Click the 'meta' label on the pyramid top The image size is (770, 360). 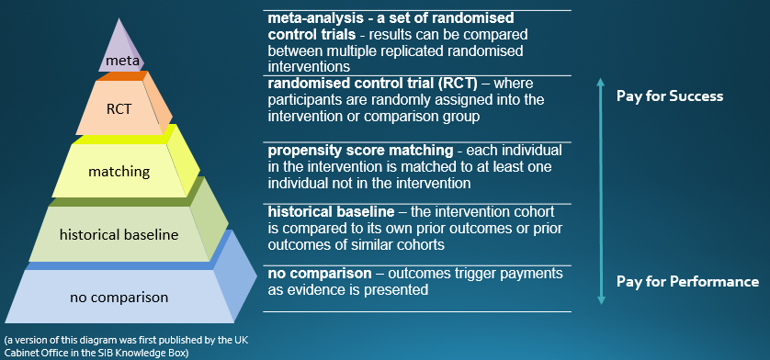tap(119, 62)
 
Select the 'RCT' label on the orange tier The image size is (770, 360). tap(119, 108)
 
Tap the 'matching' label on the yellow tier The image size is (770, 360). tap(119, 172)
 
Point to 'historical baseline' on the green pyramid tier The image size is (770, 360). tap(119, 235)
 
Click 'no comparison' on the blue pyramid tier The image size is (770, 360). tap(119, 298)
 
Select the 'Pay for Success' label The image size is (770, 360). tap(670, 96)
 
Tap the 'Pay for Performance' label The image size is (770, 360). tap(687, 282)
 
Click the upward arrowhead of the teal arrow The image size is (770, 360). tap(601, 84)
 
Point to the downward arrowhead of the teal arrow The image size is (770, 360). tap(601, 300)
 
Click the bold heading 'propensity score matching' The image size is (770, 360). tap(360, 151)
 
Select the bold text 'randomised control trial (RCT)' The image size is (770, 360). tap(373, 84)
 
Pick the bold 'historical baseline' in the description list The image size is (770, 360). tap(331, 211)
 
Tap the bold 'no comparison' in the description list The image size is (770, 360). tap(320, 274)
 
